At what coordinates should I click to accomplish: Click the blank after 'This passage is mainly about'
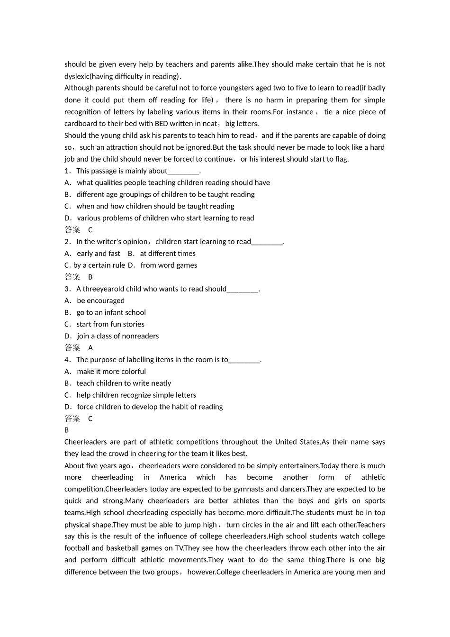click(184, 171)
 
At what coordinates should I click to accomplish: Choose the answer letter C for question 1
click(90, 230)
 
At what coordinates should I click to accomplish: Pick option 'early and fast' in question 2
click(99, 254)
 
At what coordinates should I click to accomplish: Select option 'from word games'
click(169, 265)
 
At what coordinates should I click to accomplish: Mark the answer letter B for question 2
click(90, 277)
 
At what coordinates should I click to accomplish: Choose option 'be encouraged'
click(100, 301)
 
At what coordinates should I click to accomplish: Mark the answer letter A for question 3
click(90, 348)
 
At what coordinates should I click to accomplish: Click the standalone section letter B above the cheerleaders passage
click(67, 430)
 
